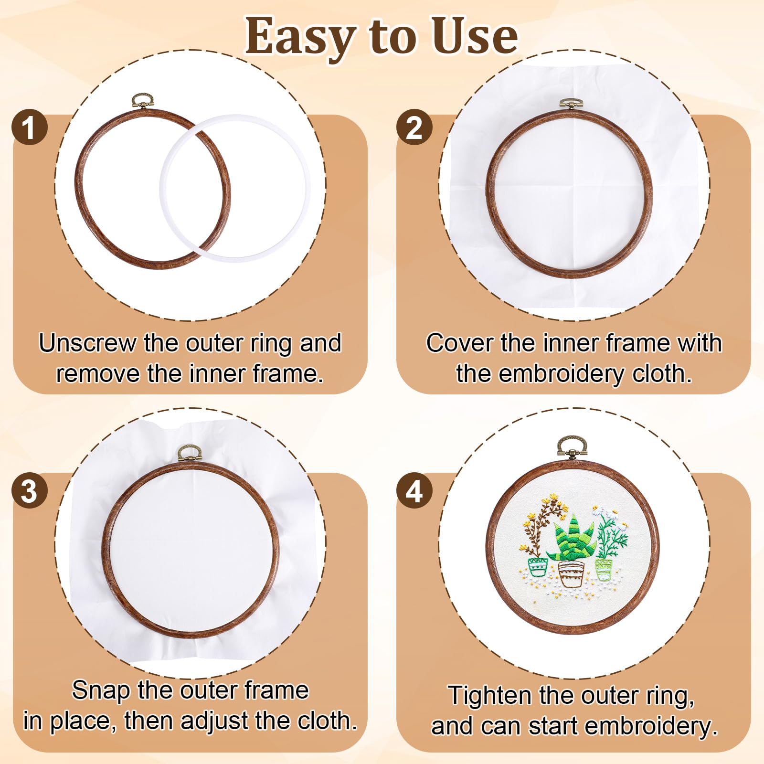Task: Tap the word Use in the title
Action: tap(474, 35)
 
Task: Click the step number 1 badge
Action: tap(30, 127)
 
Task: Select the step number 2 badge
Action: tap(414, 127)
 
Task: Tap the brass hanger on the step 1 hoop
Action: tap(143, 101)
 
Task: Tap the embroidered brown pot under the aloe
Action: tap(571, 574)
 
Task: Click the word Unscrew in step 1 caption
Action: tap(87, 343)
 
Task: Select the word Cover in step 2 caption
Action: tap(460, 343)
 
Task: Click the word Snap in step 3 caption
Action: tap(101, 691)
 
